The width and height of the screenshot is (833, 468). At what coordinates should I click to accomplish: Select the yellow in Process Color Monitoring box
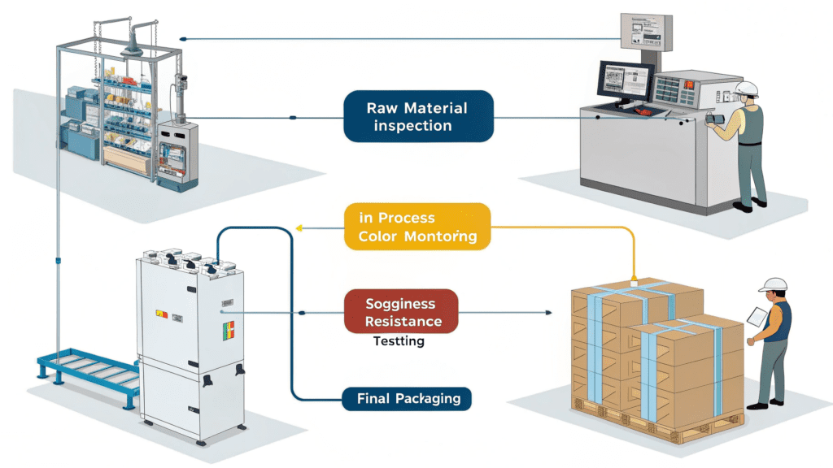tap(413, 227)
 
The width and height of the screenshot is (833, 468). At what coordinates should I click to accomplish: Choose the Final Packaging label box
tap(408, 398)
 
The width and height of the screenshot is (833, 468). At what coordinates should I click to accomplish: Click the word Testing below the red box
tap(399, 341)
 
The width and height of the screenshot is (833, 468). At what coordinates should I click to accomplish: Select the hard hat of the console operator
tap(746, 88)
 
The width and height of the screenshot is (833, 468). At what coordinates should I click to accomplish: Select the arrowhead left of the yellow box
tap(298, 228)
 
